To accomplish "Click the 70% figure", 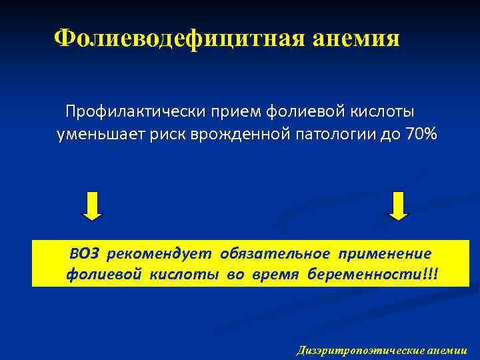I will coord(419,135).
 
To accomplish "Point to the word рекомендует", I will coord(159,253).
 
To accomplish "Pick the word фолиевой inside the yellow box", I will coord(95,275).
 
